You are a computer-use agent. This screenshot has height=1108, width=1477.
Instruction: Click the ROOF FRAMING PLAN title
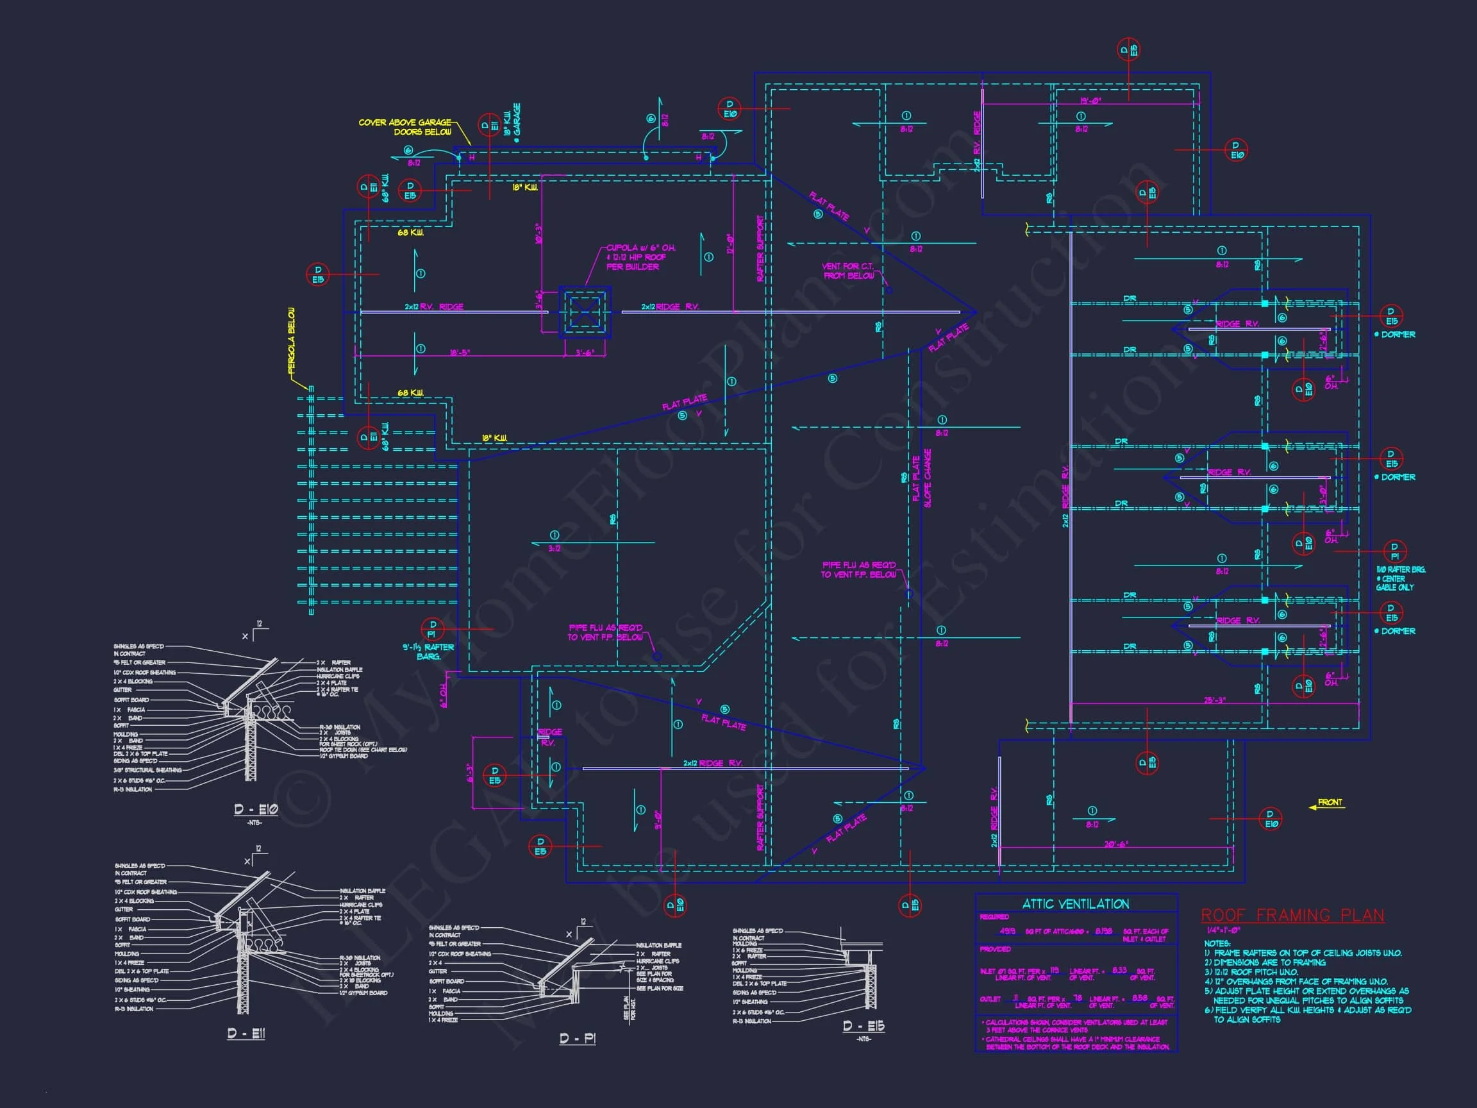click(1293, 916)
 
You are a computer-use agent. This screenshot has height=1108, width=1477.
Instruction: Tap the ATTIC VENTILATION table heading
click(1076, 904)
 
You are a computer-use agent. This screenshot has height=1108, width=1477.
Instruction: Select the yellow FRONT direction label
click(1330, 803)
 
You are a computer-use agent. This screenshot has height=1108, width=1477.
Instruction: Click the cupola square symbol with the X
click(585, 312)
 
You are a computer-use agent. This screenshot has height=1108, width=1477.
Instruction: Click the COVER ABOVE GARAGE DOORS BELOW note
click(405, 127)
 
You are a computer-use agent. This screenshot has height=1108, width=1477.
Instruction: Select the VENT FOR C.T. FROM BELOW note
click(847, 271)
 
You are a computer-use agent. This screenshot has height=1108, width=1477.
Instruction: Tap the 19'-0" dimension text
click(1090, 101)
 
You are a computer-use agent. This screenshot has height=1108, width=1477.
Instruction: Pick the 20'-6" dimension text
click(1115, 844)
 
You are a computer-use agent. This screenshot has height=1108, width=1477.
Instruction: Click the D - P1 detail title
click(577, 1039)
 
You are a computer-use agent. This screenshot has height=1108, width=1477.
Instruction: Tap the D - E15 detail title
click(864, 1027)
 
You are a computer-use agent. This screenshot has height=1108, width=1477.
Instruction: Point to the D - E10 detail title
click(256, 809)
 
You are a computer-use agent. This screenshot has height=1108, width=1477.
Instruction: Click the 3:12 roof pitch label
click(555, 548)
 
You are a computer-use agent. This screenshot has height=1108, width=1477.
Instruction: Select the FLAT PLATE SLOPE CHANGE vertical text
click(921, 478)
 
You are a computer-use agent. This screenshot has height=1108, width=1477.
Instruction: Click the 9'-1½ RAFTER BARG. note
click(428, 652)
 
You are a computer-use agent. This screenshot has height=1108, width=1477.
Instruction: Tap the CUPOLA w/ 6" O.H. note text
click(640, 257)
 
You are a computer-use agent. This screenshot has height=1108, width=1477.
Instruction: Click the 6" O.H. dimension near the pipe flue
click(444, 695)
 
